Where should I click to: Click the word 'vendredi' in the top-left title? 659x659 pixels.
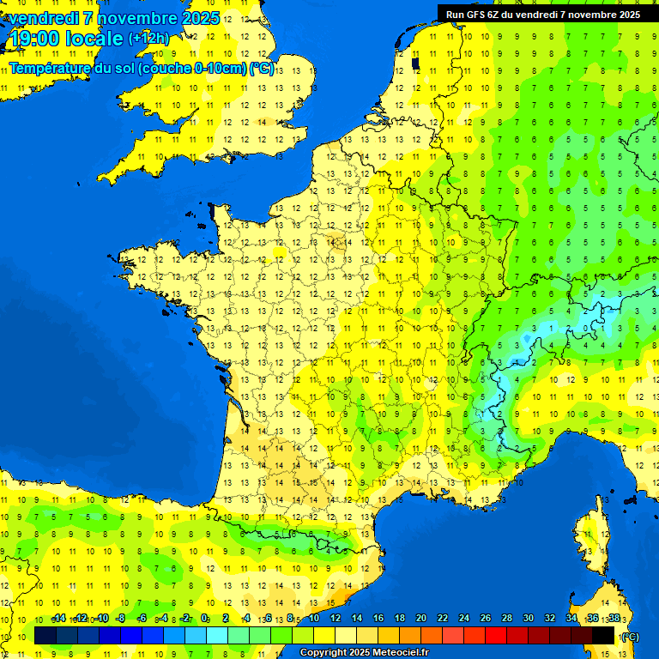tap(43, 18)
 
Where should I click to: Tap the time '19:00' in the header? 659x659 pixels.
tap(33, 38)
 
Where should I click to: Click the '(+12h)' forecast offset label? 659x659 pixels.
tap(148, 38)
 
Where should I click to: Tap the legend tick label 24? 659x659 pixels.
tap(464, 618)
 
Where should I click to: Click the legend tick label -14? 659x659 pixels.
tap(58, 618)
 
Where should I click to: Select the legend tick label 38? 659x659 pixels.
tap(614, 618)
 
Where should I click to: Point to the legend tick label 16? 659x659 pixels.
tap(378, 618)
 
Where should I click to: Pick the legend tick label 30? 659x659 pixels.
tap(529, 618)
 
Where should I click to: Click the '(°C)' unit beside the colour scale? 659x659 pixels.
tap(629, 636)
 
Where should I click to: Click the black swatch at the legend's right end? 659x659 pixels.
tap(604, 635)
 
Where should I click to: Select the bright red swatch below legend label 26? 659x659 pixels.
tap(496, 635)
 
